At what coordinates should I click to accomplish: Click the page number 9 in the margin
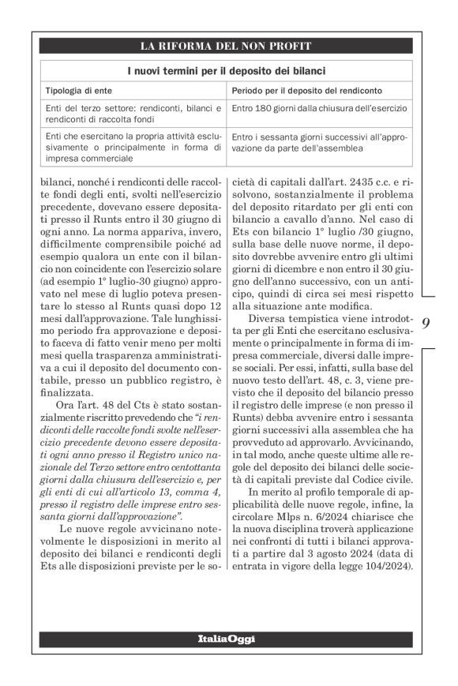426,323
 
